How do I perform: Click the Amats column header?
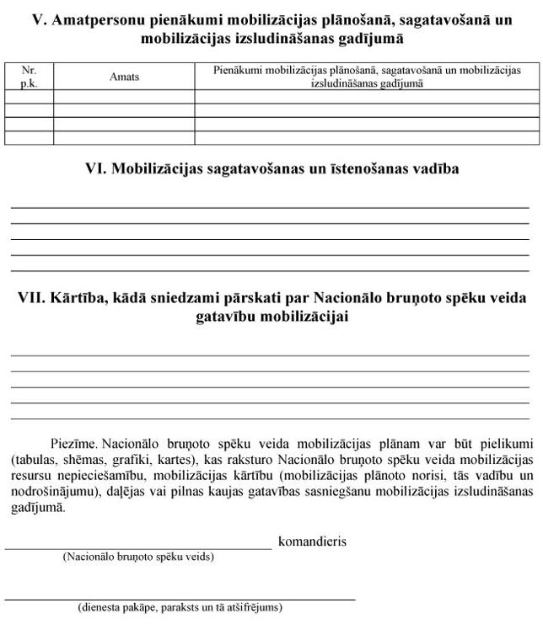point(124,77)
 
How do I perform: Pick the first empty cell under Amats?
point(124,97)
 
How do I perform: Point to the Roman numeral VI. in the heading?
point(98,168)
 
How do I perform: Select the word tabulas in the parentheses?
point(38,460)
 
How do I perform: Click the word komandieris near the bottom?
point(312,541)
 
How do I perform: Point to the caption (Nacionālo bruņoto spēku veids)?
point(138,557)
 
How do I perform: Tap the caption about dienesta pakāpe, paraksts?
point(180,606)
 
